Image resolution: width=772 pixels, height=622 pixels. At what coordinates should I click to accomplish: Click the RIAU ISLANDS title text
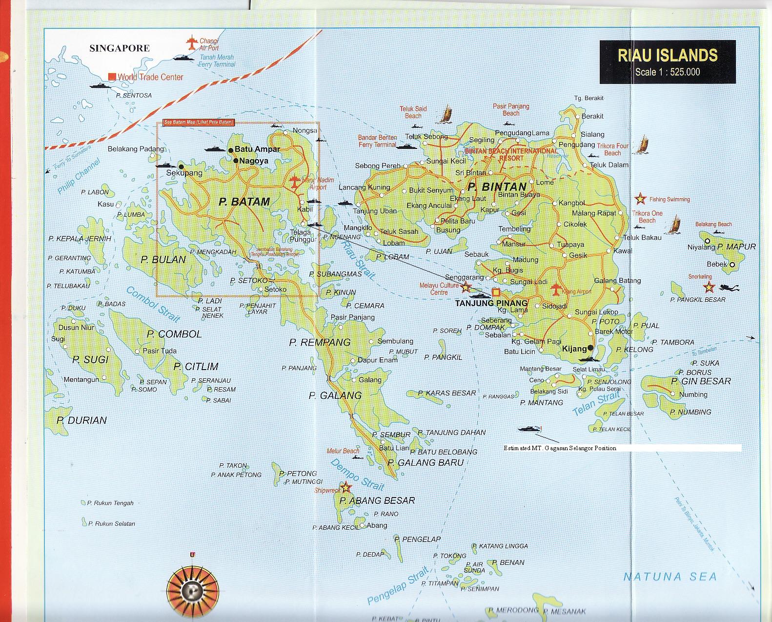click(x=667, y=55)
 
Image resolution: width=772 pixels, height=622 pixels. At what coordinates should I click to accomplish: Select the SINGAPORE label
click(x=120, y=48)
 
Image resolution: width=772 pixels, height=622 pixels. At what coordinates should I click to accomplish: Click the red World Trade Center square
click(x=112, y=77)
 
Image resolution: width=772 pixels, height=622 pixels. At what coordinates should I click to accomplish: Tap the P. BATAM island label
click(x=244, y=202)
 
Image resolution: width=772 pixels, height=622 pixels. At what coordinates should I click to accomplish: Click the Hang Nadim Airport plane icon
click(x=294, y=182)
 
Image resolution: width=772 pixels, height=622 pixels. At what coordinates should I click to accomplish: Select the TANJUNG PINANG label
click(x=491, y=303)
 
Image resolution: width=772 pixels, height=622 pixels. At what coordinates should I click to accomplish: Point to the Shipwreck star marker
click(x=345, y=487)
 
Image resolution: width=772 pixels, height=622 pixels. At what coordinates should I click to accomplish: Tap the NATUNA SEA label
click(x=670, y=577)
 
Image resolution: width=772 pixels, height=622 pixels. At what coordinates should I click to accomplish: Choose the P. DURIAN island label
click(x=81, y=420)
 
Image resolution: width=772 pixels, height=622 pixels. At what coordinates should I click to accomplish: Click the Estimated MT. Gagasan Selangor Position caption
click(x=560, y=448)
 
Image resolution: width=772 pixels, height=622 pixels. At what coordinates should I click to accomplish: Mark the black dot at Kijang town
click(x=590, y=348)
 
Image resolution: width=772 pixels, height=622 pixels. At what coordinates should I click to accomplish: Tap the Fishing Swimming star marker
click(x=639, y=199)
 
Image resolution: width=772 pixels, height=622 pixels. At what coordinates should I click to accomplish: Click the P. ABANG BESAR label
click(x=377, y=500)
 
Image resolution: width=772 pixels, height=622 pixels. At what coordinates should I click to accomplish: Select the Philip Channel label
click(x=79, y=176)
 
